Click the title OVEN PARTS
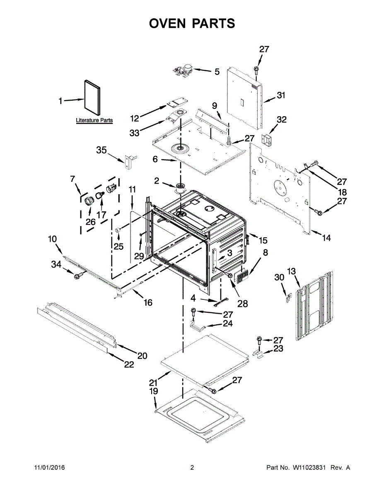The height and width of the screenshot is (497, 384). click(192, 23)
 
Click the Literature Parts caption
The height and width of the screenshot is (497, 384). click(94, 121)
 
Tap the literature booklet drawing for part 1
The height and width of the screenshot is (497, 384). click(92, 97)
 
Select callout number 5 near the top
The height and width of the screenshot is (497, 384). click(217, 72)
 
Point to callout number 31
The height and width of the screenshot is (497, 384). click(281, 96)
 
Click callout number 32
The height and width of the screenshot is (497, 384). click(281, 120)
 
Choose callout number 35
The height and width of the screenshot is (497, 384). click(101, 150)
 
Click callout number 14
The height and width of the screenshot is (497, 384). click(326, 238)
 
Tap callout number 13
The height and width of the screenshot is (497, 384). click(292, 271)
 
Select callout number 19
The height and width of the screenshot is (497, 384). click(153, 391)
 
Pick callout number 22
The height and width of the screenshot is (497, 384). click(129, 364)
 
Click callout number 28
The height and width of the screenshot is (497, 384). click(242, 304)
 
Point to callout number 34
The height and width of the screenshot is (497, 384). click(56, 264)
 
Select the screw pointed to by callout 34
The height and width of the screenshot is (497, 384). click(77, 275)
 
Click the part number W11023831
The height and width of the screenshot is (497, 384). click(310, 468)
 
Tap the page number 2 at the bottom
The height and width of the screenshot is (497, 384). click(192, 468)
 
